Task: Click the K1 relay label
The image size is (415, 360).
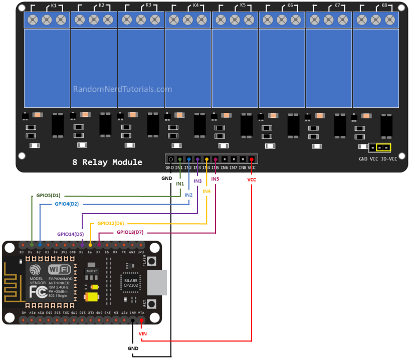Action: [54, 6]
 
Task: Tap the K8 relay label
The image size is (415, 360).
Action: [384, 6]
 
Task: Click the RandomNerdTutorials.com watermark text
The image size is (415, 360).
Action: [122, 89]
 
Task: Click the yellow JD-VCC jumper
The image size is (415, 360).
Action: [383, 148]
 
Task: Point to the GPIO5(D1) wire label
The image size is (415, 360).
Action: [48, 196]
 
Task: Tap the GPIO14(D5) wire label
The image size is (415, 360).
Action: [70, 234]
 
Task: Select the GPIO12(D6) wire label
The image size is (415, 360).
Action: [111, 223]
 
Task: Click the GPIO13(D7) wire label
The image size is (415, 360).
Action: [130, 232]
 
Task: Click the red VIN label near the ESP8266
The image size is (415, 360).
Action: [143, 333]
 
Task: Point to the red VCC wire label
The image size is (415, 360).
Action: [252, 179]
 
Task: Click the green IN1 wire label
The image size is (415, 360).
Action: [180, 184]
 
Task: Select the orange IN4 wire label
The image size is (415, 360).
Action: [206, 191]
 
